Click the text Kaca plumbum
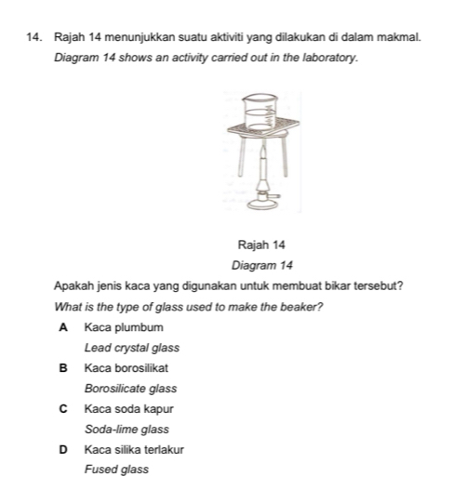[x=124, y=327]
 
